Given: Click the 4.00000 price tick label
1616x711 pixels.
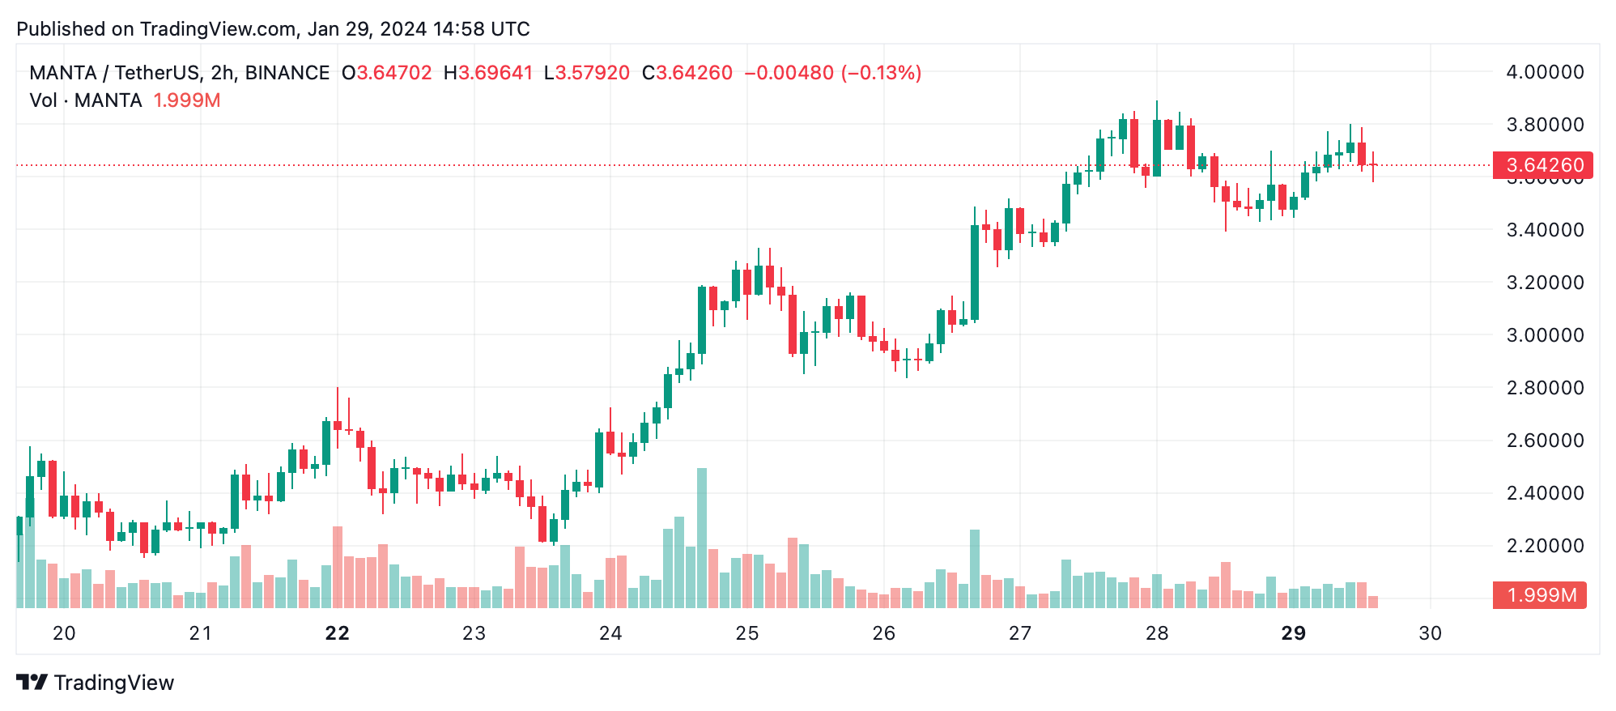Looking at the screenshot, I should pos(1544,72).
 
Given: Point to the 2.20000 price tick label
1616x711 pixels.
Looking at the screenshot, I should pos(1544,546).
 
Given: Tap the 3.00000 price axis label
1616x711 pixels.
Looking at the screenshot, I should pos(1544,335).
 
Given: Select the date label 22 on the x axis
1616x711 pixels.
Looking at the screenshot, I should pos(337,633).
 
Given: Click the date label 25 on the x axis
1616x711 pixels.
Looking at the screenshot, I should pos(746,633).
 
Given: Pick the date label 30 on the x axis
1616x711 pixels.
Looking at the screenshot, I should pos(1430,633).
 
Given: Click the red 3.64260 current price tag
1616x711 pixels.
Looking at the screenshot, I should pos(1542,165).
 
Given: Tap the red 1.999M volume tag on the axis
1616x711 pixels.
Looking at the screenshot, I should pos(1540,595).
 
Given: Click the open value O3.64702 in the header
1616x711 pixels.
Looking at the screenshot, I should pos(386,73).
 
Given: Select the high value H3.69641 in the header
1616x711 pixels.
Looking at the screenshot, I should pos(488,73).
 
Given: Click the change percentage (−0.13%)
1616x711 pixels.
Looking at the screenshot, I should pos(881,73).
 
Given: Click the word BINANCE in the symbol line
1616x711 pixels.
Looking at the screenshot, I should pos(287,73).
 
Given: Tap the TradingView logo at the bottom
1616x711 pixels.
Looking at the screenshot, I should pos(96,683).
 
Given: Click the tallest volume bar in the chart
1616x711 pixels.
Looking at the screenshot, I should pos(702,538).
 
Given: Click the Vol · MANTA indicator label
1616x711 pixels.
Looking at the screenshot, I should pos(86,100).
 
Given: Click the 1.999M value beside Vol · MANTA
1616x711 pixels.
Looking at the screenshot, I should pos(187,100).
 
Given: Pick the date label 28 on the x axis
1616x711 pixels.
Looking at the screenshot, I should pos(1156,633).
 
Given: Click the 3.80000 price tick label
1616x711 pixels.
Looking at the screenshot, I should pos(1544,125).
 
